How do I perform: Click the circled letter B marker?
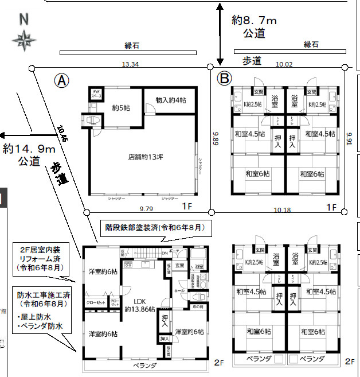(224, 77)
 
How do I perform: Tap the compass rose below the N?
(24, 41)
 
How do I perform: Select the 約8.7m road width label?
(255, 21)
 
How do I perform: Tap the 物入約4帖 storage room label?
(170, 99)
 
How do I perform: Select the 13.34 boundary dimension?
(130, 64)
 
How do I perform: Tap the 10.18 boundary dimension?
(283, 209)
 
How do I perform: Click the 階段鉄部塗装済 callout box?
(154, 227)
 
